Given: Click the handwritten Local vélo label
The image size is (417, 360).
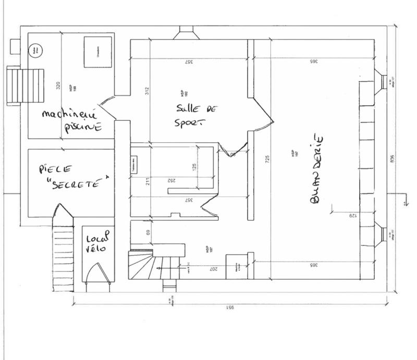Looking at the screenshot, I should tap(97, 243).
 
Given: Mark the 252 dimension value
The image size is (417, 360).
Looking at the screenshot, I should tap(171, 180).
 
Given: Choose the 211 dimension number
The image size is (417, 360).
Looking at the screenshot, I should tap(148, 181).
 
